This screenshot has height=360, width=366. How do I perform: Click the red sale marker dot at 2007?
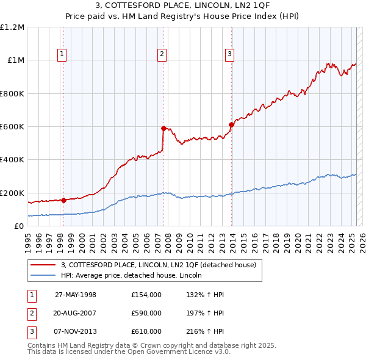pyautogui.click(x=163, y=128)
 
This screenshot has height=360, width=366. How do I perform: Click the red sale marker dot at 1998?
pyautogui.click(x=64, y=200)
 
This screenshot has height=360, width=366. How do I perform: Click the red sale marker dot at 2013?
pyautogui.click(x=231, y=125)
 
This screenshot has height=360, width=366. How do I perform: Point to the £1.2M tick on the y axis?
pyautogui.click(x=12, y=27)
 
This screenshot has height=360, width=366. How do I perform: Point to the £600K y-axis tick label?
pyautogui.click(x=12, y=127)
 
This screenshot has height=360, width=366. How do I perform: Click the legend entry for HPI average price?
pyautogui.click(x=135, y=275)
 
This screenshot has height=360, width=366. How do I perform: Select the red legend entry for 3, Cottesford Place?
pyautogui.click(x=162, y=265)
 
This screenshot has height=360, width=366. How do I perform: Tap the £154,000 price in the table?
pyautogui.click(x=146, y=295)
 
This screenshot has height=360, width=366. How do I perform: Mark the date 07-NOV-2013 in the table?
pyautogui.click(x=76, y=331)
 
